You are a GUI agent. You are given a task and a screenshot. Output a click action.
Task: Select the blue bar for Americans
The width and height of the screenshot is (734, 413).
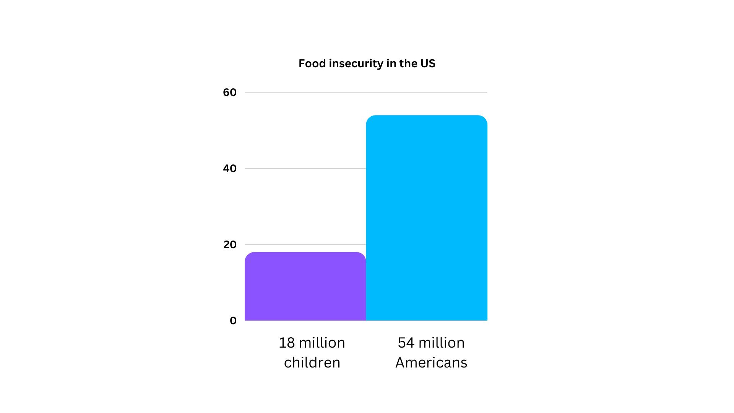pyautogui.click(x=426, y=218)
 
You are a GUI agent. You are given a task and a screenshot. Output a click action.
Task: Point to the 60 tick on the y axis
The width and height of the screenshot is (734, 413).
pyautogui.click(x=230, y=93)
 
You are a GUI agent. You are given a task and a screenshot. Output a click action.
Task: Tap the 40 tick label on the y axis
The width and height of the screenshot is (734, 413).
pyautogui.click(x=230, y=169)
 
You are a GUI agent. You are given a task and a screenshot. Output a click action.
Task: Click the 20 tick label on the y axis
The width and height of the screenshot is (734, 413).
pyautogui.click(x=230, y=245)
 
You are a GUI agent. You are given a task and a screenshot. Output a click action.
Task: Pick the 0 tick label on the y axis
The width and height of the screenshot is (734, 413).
pyautogui.click(x=233, y=321)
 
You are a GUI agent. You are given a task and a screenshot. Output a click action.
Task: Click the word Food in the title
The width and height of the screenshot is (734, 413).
pyautogui.click(x=312, y=63)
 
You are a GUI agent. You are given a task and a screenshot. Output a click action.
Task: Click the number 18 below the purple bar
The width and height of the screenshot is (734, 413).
pyautogui.click(x=287, y=343)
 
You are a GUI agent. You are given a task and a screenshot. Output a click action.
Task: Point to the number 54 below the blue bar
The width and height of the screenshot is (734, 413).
pyautogui.click(x=406, y=343)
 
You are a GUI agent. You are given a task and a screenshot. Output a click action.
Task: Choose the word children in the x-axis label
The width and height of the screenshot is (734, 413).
pyautogui.click(x=312, y=363)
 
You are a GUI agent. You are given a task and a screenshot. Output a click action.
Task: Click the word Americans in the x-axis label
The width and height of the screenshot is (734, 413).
pyautogui.click(x=431, y=363)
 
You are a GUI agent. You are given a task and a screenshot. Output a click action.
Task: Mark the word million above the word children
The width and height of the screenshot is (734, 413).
pyautogui.click(x=322, y=343)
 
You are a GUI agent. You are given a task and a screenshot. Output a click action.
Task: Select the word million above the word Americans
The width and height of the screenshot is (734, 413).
pyautogui.click(x=442, y=343)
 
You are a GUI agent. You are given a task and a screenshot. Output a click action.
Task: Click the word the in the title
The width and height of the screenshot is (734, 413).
pyautogui.click(x=408, y=63)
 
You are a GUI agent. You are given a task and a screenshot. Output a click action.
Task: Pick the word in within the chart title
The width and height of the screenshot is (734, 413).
pyautogui.click(x=391, y=63)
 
